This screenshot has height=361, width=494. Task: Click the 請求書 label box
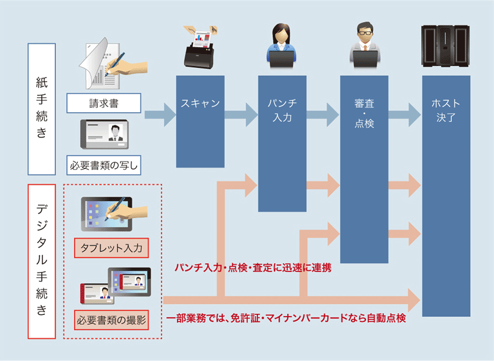103,103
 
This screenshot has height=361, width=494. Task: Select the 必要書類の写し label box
103,165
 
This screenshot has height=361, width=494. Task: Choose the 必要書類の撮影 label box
111,319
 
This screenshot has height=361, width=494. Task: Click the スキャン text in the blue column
200,103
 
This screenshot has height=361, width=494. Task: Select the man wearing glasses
364,45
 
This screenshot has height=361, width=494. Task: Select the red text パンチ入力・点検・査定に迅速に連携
253,268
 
